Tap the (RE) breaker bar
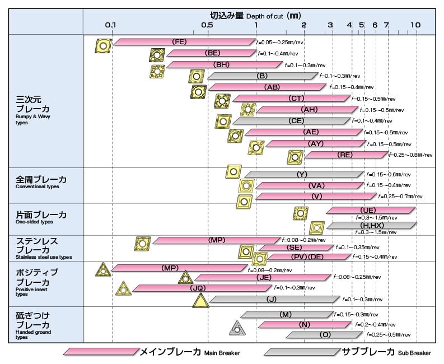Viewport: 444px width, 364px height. pyautogui.click(x=345, y=154)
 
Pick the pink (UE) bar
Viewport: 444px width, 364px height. pyautogui.click(x=370, y=209)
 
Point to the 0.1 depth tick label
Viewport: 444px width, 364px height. pyautogui.click(x=111, y=25)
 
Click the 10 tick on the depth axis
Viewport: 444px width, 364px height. pyautogui.click(x=415, y=25)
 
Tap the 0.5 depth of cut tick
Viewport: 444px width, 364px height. pyautogui.click(x=207, y=25)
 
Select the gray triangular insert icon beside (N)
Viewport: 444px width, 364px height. pyautogui.click(x=237, y=328)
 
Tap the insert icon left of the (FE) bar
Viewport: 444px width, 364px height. pyautogui.click(x=102, y=46)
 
